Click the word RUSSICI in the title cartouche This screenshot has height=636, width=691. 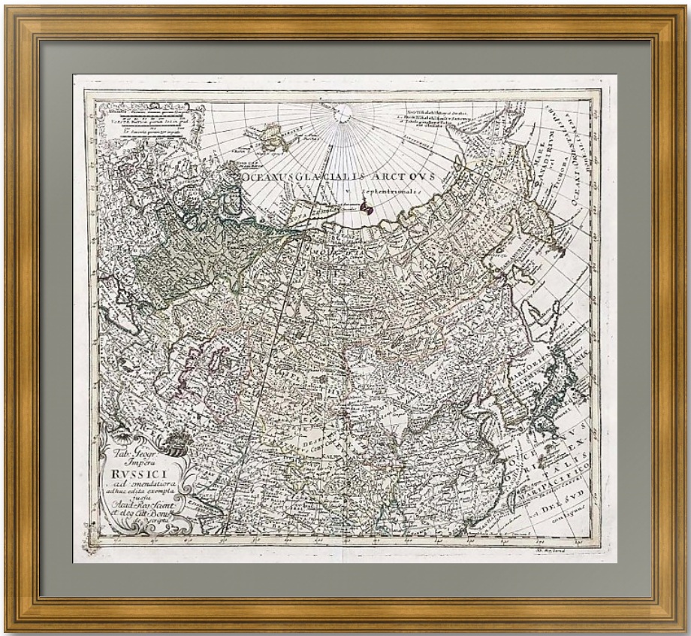[x=134, y=474]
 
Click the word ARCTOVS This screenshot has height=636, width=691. [x=413, y=174]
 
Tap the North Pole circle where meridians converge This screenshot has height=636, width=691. [x=342, y=114]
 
